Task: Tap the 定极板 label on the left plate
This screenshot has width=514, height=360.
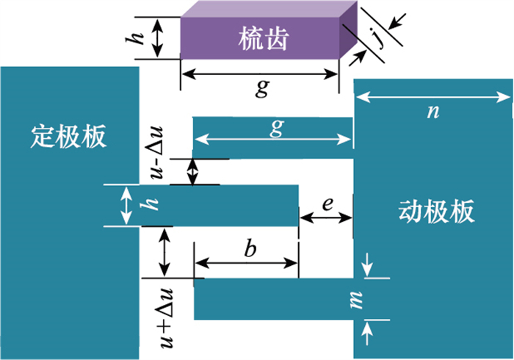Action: click(x=70, y=137)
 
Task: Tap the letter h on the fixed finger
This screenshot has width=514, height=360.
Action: click(x=153, y=206)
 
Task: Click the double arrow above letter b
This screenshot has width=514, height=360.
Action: click(x=246, y=264)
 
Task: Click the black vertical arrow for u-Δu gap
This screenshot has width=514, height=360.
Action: click(x=193, y=172)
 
